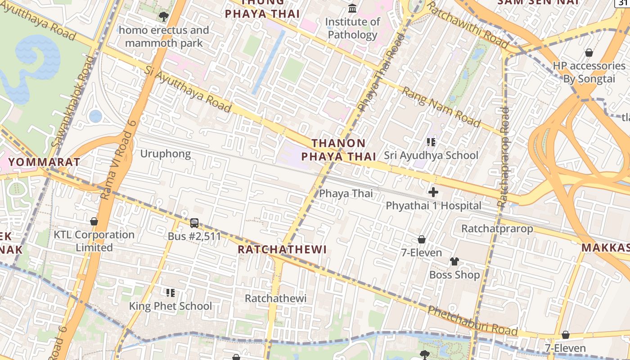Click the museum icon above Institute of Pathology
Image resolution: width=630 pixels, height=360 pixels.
352,8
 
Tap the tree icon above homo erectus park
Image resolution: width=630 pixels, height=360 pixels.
163,17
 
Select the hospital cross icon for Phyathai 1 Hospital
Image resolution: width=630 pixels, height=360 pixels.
433,192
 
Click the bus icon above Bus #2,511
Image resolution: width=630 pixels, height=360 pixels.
194,223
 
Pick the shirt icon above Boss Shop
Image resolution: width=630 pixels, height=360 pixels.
454,261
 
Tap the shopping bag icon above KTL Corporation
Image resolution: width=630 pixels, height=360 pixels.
94,221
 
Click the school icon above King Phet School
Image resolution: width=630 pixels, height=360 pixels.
171,293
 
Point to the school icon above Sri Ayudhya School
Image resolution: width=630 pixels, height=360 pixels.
431,142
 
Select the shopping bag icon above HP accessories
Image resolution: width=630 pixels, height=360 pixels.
589,53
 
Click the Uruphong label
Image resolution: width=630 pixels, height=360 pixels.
166,154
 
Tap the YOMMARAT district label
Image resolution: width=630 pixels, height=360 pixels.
44,162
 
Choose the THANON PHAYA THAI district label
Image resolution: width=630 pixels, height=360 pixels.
338,150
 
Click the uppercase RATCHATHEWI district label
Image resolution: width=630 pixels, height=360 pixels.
282,249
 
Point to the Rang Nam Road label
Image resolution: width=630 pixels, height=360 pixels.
441,107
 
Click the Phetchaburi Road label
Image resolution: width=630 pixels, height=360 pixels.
472,320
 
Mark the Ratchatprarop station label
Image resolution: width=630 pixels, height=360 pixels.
497,229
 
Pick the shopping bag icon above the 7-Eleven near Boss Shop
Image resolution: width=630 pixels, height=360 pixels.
422,239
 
